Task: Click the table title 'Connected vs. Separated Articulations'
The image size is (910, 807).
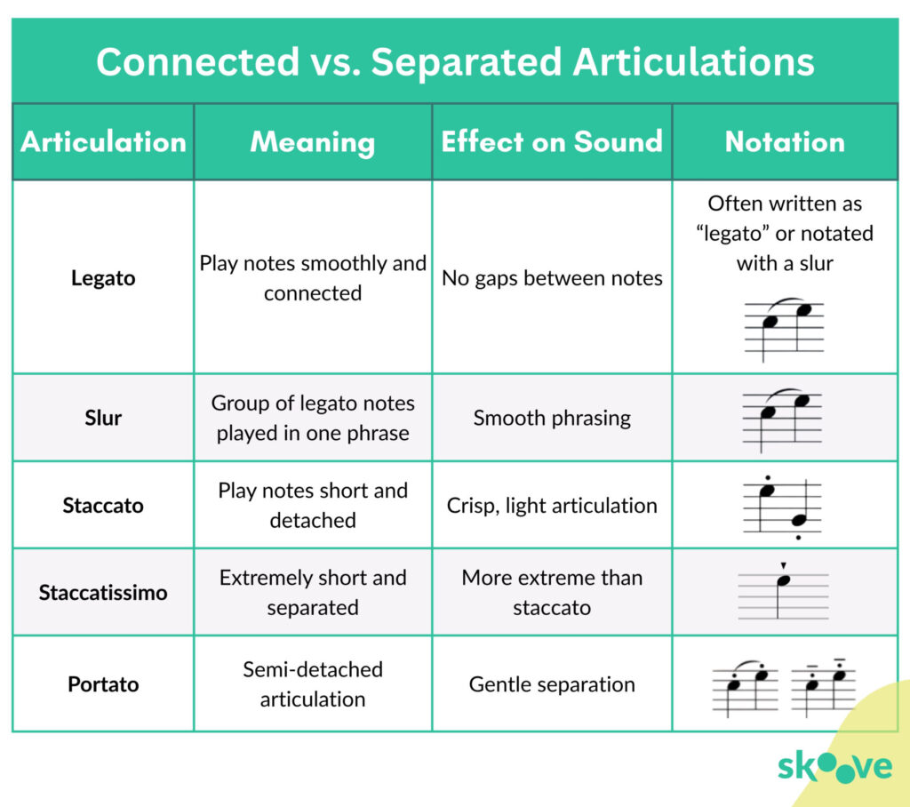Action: (x=455, y=62)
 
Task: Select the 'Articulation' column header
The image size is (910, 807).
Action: (x=103, y=142)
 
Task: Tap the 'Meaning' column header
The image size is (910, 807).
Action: (x=313, y=142)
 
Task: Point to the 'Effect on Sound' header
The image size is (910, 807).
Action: (x=552, y=142)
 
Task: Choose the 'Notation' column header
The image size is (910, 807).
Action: (x=785, y=142)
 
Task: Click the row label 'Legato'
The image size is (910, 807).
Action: (x=103, y=278)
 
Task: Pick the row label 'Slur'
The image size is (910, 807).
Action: (x=103, y=418)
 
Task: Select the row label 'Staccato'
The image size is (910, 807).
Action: (x=103, y=506)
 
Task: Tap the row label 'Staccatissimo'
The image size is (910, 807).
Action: (x=103, y=593)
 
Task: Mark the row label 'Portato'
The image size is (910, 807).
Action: (x=103, y=684)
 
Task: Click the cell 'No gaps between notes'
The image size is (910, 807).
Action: (x=552, y=278)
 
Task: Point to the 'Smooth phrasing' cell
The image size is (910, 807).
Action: (x=552, y=418)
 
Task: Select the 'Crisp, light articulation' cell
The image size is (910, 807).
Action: (x=552, y=506)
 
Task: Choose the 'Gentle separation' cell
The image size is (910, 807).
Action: (x=552, y=684)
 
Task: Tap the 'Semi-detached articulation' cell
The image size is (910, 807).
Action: (x=313, y=684)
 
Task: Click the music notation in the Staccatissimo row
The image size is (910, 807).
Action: (x=783, y=591)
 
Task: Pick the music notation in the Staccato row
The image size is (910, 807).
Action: (x=783, y=507)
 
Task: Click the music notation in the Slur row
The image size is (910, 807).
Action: (x=783, y=418)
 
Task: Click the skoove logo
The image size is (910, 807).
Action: (x=834, y=767)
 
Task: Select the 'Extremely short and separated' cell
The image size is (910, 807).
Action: (x=313, y=593)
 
